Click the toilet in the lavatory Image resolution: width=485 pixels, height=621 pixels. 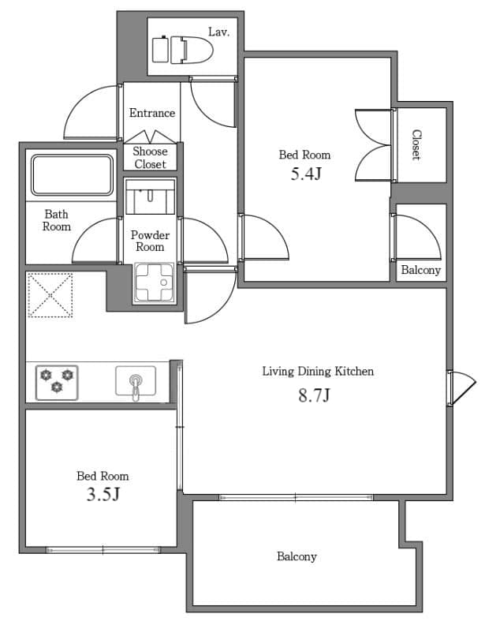coord(177,49)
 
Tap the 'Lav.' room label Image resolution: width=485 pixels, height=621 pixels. coord(218,32)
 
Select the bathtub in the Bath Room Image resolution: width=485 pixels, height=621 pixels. coord(71,174)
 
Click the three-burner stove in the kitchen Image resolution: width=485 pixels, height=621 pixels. coord(56,380)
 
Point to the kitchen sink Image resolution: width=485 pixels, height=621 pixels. coord(136,382)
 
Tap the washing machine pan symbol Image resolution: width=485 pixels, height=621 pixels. coord(153,282)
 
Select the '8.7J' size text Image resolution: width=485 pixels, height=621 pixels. coord(313,395)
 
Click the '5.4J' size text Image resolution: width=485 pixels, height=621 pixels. coord(305,174)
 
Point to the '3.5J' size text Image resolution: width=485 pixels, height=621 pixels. coord(103,495)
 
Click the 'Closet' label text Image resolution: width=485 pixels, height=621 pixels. coord(416,145)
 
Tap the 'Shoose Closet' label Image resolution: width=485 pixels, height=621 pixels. coord(150,157)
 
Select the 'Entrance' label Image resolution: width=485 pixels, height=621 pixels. coord(152,113)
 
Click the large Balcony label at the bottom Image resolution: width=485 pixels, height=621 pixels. coord(297,556)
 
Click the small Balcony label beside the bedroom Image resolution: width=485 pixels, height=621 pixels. coord(420,270)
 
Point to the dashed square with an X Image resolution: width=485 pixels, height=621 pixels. coord(50,295)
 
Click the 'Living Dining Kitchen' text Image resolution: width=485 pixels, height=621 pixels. coord(317,371)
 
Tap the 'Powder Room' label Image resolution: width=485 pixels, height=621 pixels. coord(150,241)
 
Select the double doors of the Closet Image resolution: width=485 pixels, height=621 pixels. coord(374,144)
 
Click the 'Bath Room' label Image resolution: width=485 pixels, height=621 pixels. coord(56,220)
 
